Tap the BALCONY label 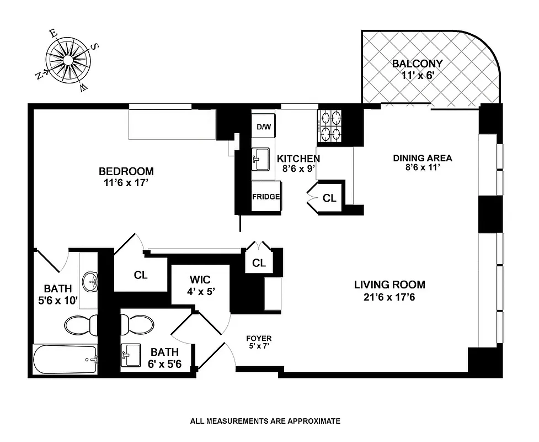tap(417, 64)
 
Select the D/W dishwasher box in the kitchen tap(264, 127)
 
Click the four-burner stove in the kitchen tap(330, 126)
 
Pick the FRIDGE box tap(265, 197)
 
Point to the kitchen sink tap(260, 158)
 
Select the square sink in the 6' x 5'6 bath tap(131, 355)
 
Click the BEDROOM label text tap(126, 171)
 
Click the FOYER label tap(259, 339)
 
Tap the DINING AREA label tap(422, 158)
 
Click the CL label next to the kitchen tap(329, 198)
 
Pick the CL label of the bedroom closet tap(140, 275)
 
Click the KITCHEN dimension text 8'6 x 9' tap(298, 170)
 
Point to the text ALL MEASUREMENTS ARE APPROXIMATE tap(265, 421)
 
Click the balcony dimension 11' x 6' tap(417, 76)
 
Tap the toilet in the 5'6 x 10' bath tap(81, 325)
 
